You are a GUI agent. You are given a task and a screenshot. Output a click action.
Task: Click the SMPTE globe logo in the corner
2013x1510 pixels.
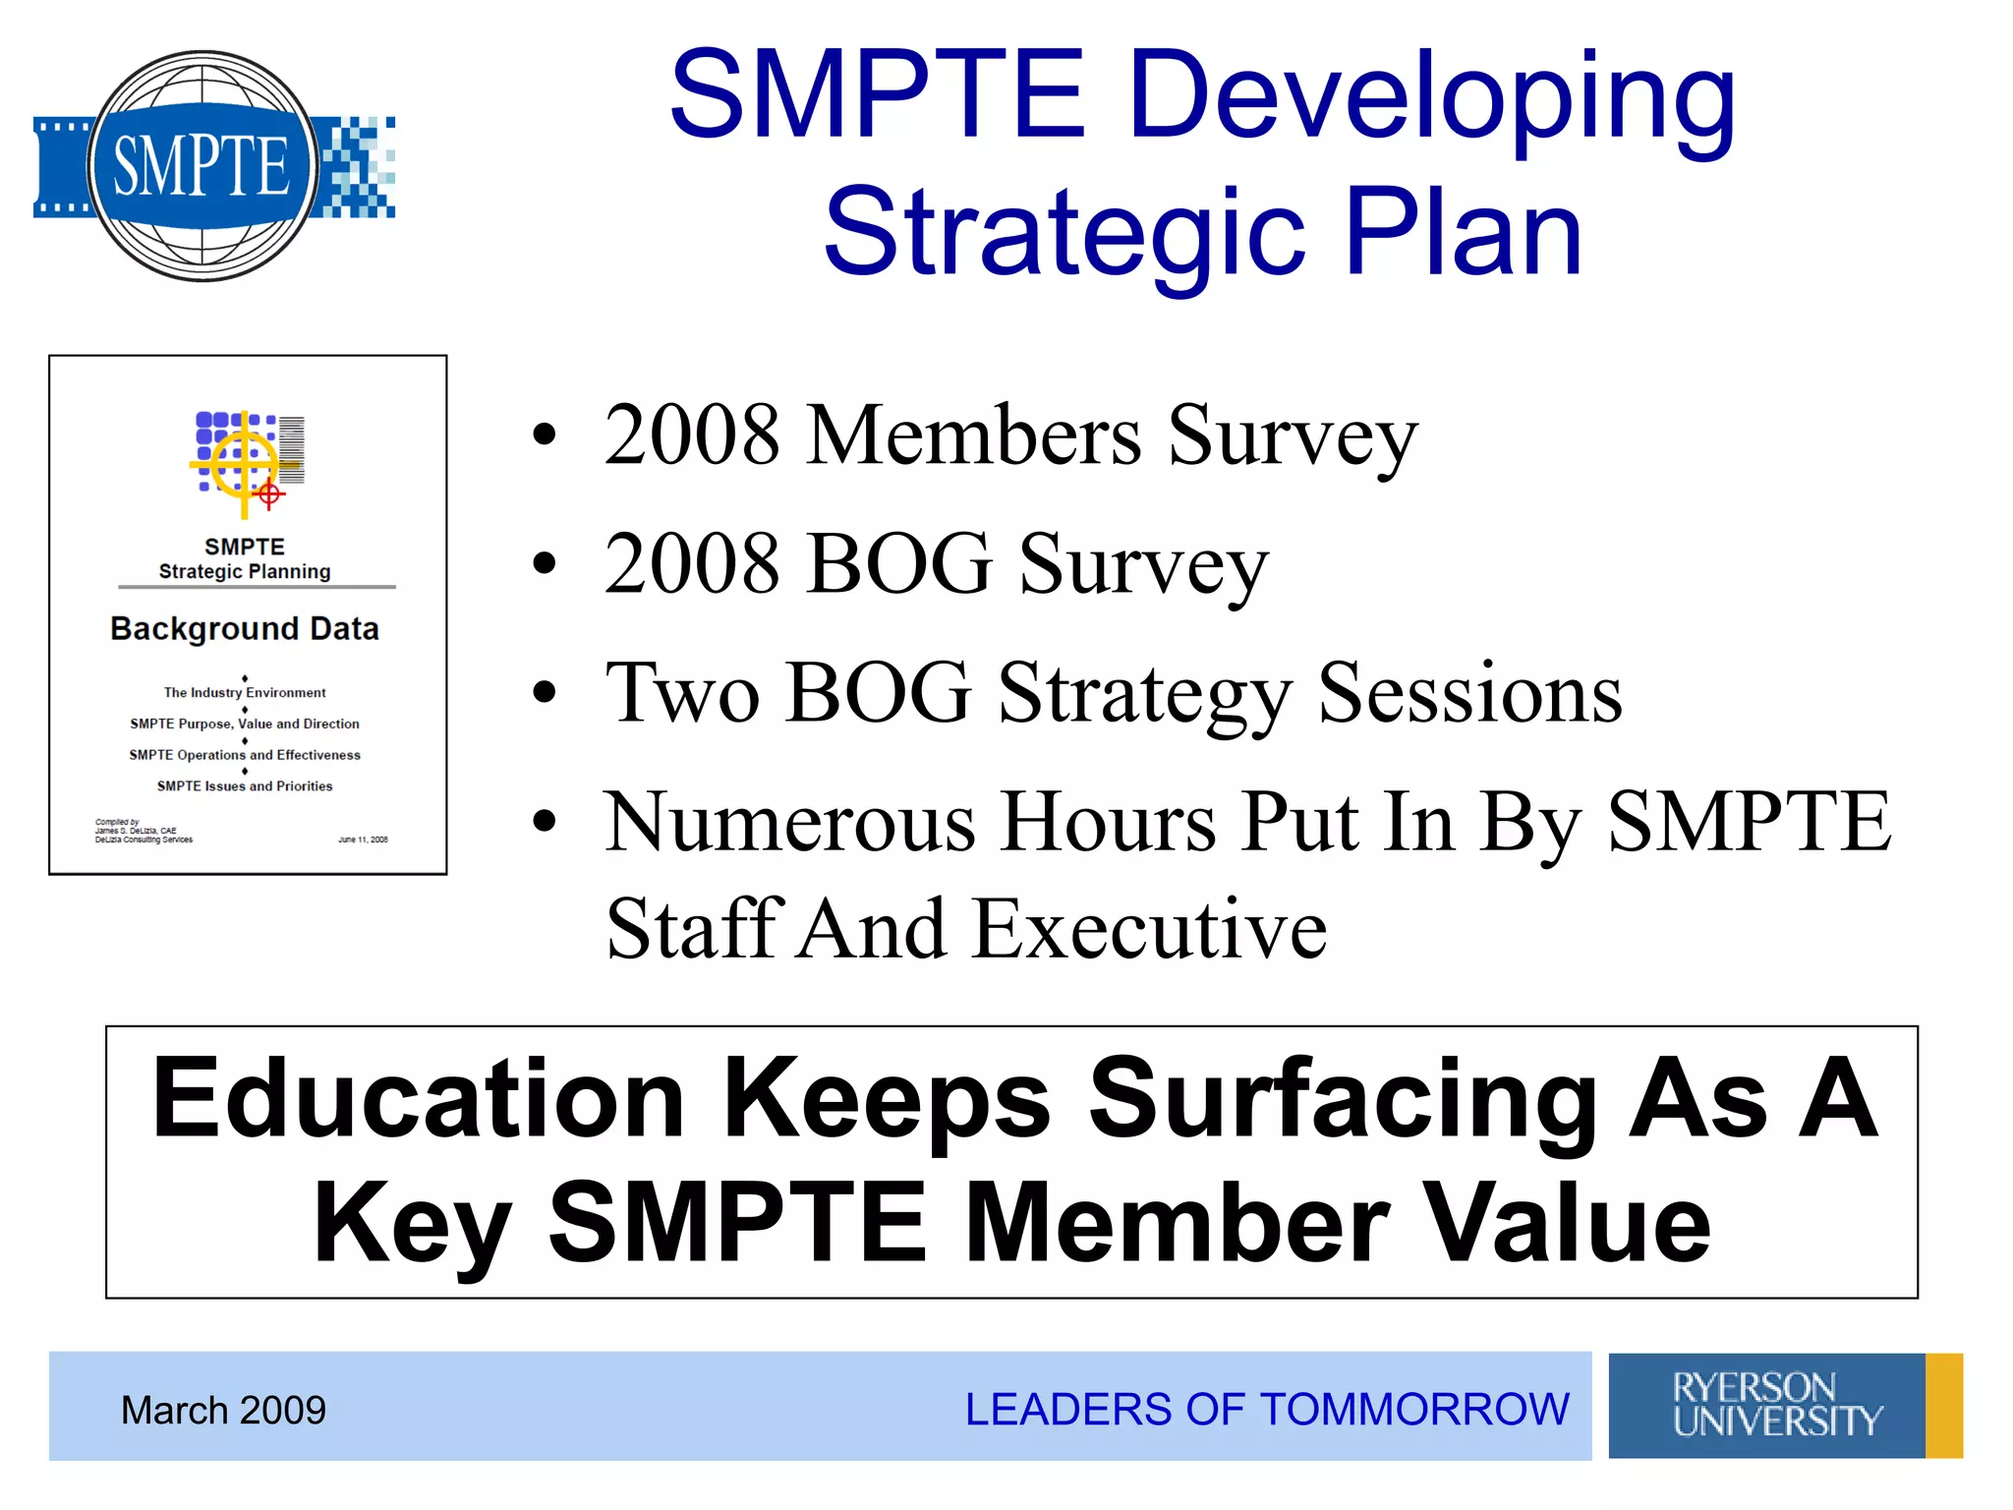(x=203, y=166)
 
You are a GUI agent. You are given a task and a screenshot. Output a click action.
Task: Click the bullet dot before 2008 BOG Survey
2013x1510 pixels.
(x=544, y=563)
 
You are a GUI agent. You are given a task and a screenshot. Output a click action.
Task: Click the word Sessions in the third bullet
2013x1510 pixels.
(x=1469, y=693)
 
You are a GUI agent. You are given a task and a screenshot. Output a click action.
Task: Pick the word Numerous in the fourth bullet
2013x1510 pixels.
(x=790, y=822)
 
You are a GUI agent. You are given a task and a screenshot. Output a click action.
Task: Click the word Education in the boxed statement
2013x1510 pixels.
(x=418, y=1098)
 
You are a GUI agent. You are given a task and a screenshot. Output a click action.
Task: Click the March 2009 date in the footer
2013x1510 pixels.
(x=223, y=1410)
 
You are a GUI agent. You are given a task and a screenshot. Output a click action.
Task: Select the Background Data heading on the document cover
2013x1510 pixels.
(x=245, y=629)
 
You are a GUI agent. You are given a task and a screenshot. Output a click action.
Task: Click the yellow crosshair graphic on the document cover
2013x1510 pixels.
(x=244, y=463)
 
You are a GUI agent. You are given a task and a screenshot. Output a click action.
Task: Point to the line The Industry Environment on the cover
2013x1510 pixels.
(x=245, y=693)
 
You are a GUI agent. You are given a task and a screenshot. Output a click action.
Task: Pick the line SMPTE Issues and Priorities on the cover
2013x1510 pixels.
(x=245, y=786)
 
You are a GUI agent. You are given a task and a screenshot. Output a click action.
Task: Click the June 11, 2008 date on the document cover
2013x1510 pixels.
(x=363, y=840)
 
